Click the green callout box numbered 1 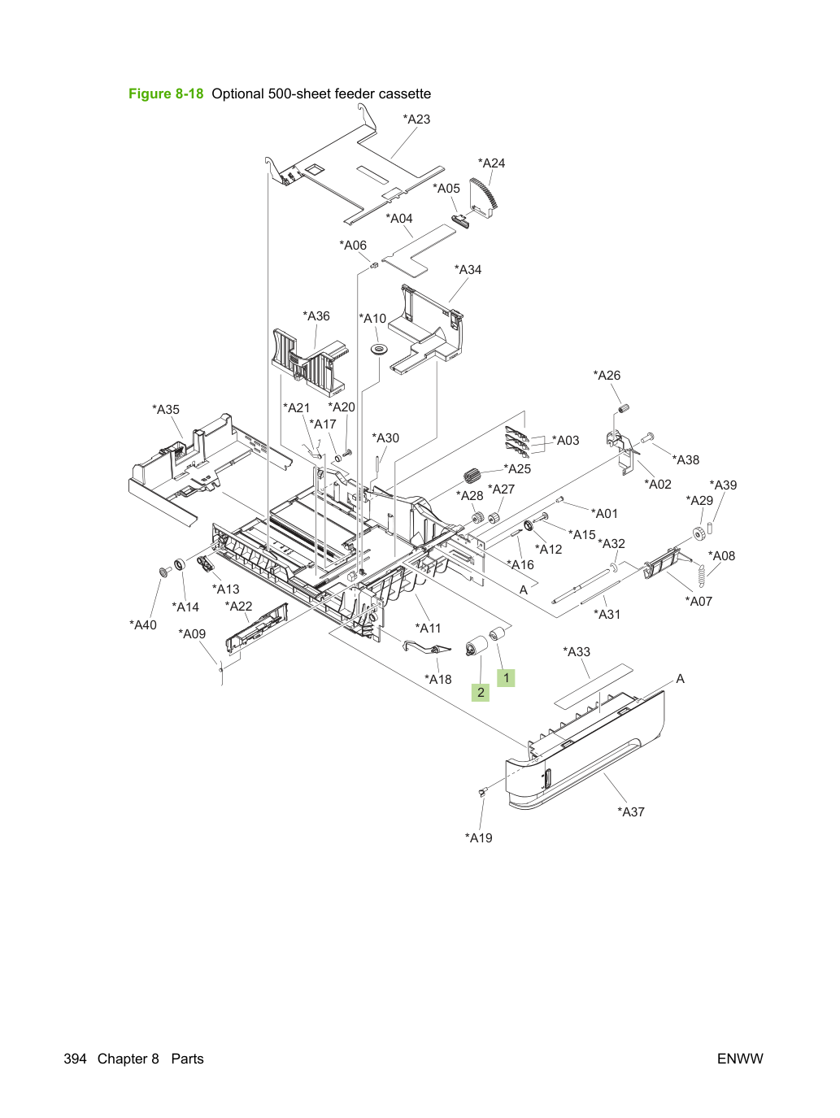(x=506, y=678)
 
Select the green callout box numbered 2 (x=481, y=693)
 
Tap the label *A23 (x=416, y=120)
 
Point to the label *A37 (x=631, y=812)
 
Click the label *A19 (x=478, y=837)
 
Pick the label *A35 (x=166, y=410)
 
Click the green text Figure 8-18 (x=166, y=94)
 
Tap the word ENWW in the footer (x=740, y=1059)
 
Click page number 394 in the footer (x=75, y=1059)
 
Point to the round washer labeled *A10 (x=378, y=350)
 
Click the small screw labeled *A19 (x=483, y=791)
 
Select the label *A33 (x=577, y=651)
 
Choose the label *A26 (x=606, y=376)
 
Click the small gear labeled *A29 (x=699, y=533)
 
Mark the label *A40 (x=142, y=625)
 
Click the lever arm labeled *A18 (x=427, y=647)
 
